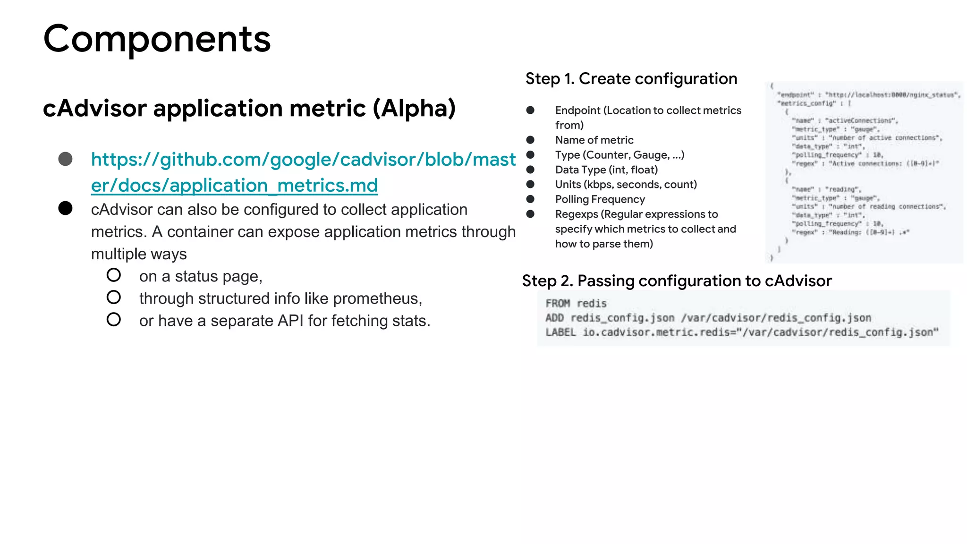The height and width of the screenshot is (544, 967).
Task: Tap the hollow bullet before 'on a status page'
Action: point(114,275)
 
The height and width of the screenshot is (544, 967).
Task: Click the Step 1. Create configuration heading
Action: point(631,79)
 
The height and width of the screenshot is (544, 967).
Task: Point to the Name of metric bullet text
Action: point(594,140)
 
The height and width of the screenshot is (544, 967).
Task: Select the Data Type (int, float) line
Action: point(606,170)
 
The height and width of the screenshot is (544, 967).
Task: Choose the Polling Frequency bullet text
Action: point(600,199)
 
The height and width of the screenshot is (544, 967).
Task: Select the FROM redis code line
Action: point(576,304)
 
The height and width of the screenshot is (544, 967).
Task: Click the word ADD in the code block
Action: point(554,318)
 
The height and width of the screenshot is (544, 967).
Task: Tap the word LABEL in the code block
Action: point(560,332)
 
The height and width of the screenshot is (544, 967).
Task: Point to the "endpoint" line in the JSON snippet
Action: point(868,95)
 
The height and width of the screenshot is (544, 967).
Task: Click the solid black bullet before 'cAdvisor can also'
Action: point(66,208)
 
